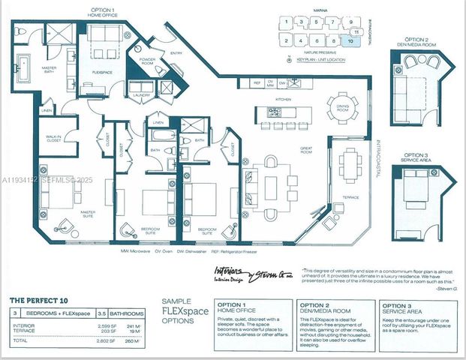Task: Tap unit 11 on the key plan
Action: tap(357, 32)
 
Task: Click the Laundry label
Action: tap(140, 96)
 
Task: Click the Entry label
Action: tap(176, 53)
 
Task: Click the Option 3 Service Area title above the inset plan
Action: tap(416, 149)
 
